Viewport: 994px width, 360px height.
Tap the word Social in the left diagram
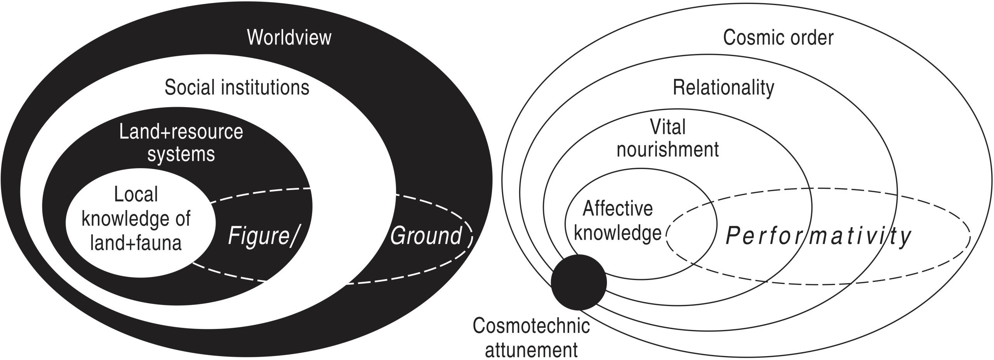point(189,87)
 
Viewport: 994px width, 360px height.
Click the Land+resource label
point(181,132)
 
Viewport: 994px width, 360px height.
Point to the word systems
point(181,154)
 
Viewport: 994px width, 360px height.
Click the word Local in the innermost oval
point(136,194)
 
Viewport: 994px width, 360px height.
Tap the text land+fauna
point(136,243)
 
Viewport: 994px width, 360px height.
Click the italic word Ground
point(426,236)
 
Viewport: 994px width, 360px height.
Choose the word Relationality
point(723,87)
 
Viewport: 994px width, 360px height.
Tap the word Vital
point(668,127)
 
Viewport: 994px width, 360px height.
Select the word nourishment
point(668,150)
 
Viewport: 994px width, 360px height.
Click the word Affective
point(618,209)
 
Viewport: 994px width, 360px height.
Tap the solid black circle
point(579,282)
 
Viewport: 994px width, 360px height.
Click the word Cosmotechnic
point(531,325)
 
